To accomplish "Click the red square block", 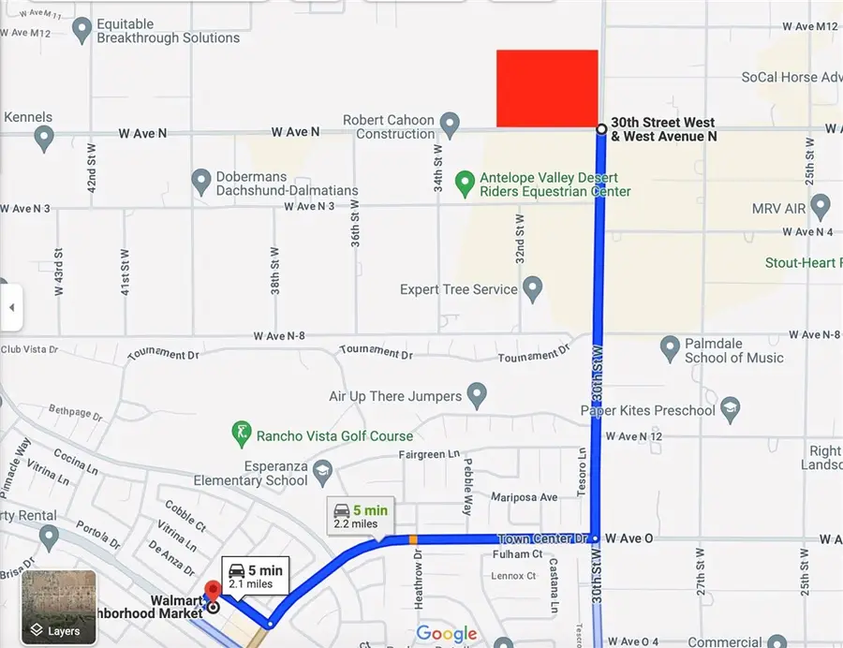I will coord(547,88).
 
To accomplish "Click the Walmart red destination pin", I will coord(212,592).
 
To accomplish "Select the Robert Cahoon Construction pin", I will coord(450,124).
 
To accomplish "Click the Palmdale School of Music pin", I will coord(670,348).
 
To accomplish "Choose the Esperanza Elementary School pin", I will coord(323,469).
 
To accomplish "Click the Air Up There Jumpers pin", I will coord(477,394).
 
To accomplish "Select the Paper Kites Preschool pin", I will coord(731,408).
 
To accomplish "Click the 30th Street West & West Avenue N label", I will coord(663,129).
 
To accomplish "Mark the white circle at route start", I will coord(600,128).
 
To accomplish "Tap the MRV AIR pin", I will coord(821,206).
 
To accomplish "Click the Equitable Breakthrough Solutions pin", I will coord(82,31).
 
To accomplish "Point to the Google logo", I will coord(447,634).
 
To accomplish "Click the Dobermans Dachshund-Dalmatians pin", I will coord(200,180).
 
